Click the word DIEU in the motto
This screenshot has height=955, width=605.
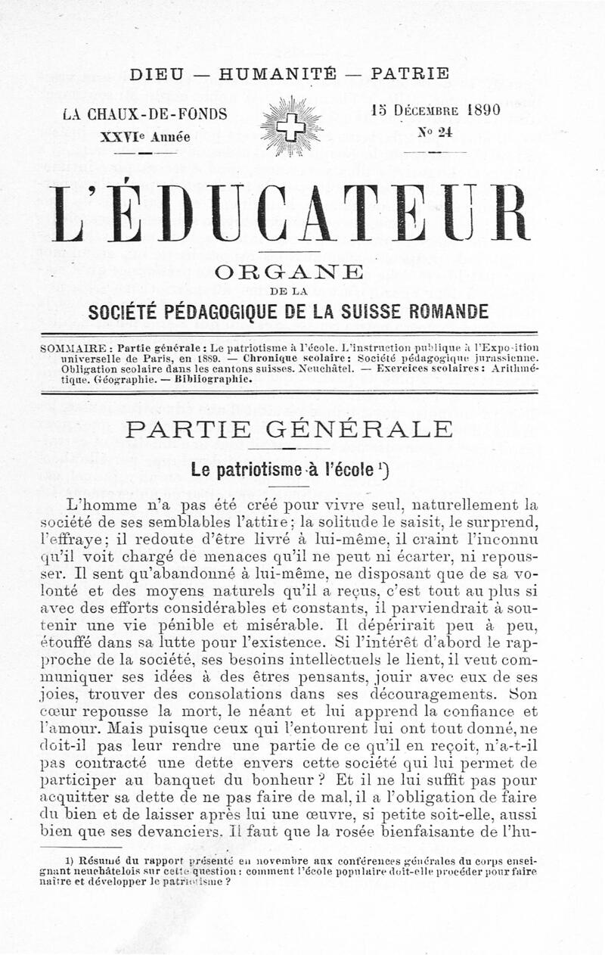[x=157, y=74]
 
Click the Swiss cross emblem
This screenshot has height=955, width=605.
[x=291, y=126]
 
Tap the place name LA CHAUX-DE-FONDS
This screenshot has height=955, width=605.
[x=145, y=115]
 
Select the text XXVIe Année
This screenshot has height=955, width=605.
[x=145, y=137]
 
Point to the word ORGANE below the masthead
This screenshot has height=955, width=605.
[x=290, y=272]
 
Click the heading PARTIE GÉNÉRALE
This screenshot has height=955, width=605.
[x=290, y=430]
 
